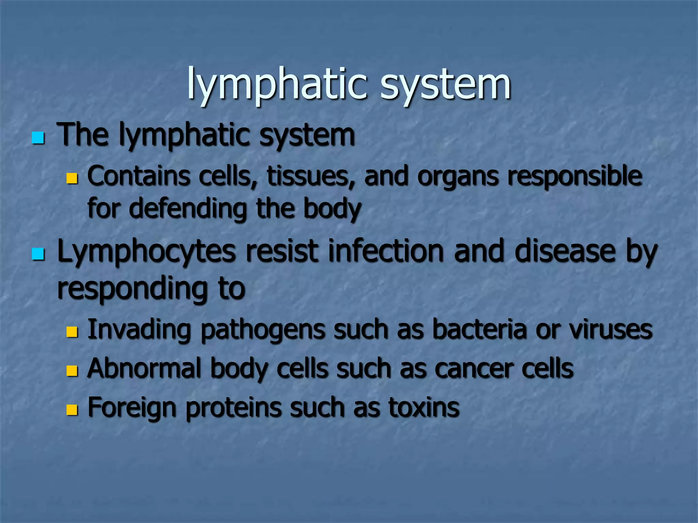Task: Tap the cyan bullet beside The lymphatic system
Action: (38, 138)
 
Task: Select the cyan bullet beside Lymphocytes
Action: (38, 254)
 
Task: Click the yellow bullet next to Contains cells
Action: (72, 178)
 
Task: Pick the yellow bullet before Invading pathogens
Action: (72, 331)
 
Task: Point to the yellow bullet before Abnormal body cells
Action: (72, 370)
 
